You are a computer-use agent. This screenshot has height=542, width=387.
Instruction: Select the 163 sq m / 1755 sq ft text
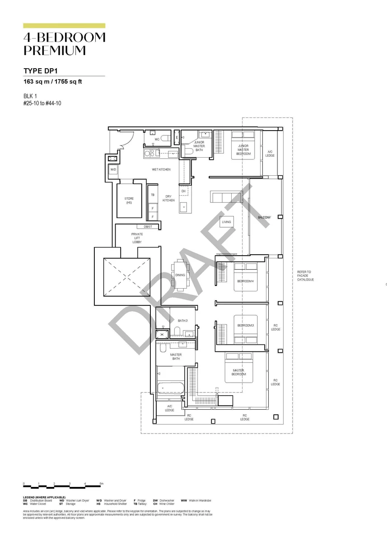52,82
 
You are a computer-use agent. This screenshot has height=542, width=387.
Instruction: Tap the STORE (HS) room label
129,200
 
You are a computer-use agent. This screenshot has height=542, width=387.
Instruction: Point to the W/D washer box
113,169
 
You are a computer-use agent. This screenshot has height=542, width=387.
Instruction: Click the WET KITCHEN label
161,169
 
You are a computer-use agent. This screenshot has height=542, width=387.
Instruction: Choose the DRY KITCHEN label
168,198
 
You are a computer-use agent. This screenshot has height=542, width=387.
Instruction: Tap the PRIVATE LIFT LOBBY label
137,238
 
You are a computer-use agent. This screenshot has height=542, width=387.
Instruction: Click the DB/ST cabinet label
148,227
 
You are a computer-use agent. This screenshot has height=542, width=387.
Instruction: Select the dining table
180,275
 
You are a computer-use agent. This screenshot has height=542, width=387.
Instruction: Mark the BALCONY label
264,218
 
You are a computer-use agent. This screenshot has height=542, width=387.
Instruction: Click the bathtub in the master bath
171,388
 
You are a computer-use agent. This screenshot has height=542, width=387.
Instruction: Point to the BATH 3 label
182,321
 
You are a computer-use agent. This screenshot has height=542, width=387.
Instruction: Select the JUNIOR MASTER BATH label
199,146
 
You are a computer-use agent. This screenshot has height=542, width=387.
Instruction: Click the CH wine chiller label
183,191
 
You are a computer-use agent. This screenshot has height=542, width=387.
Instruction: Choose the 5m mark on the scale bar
102,484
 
